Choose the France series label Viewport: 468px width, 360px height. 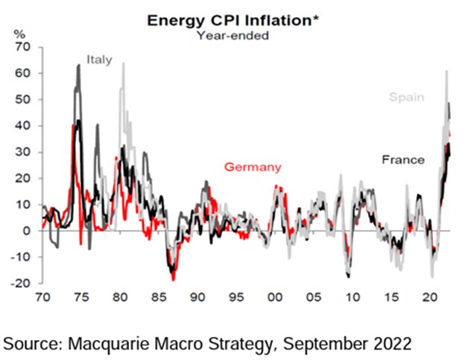pos(403,160)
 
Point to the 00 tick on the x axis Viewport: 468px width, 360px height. pos(275,297)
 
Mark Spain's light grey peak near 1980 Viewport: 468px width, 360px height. pos(123,63)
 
